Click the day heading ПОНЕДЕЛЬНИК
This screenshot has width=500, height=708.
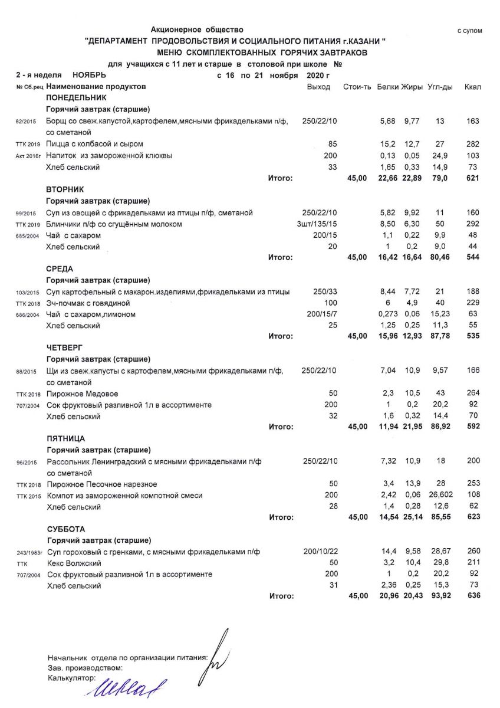coord(76,98)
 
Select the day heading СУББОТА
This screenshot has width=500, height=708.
coord(65,529)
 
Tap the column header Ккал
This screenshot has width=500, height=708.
coord(473,87)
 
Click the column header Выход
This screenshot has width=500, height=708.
coord(319,87)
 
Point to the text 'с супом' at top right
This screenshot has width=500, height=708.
coord(470,31)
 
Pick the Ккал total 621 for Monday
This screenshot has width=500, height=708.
coord(472,178)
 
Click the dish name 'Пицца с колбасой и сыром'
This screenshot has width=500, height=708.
coord(95,144)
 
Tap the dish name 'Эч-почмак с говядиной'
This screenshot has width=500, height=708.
coord(88,303)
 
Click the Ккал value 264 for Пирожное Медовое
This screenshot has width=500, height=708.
coord(472,394)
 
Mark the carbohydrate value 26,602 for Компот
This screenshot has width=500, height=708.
coord(440,496)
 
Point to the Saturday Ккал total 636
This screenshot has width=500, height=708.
coord(472,596)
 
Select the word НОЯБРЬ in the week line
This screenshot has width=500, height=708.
coord(89,76)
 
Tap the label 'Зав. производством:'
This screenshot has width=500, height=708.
coord(85,668)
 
